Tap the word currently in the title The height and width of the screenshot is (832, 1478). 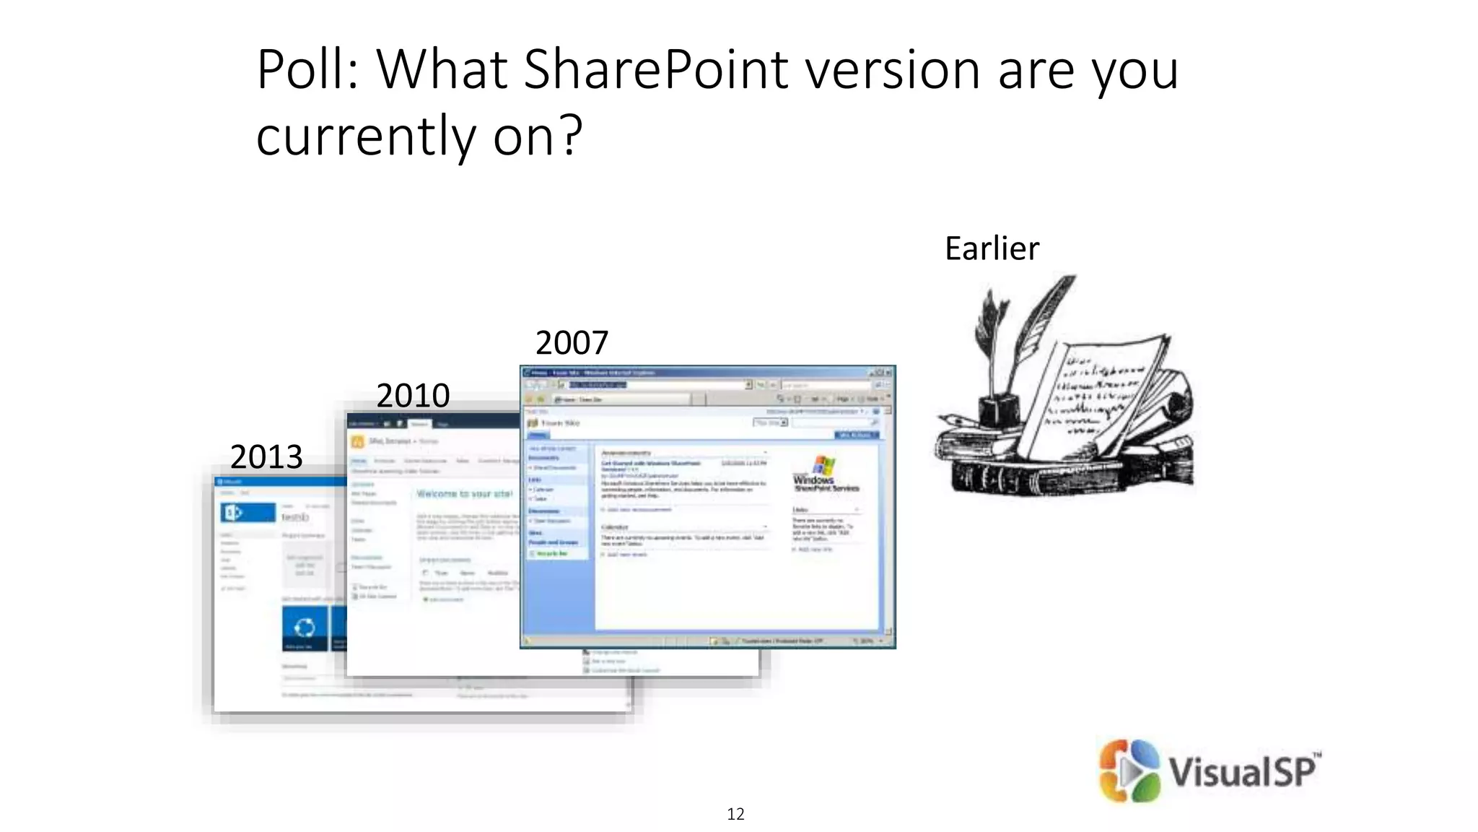point(365,135)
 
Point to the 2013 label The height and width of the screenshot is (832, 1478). point(266,457)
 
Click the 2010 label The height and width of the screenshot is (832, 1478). point(413,396)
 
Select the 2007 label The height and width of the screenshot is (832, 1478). point(572,342)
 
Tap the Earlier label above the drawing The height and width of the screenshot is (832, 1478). point(992,248)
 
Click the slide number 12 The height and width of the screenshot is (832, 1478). point(735,814)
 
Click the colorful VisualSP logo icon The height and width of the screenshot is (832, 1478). point(1129,771)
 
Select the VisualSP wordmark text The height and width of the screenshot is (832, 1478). point(1241,771)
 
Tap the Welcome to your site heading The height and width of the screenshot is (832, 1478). point(464,494)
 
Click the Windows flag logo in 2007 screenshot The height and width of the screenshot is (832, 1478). point(823,465)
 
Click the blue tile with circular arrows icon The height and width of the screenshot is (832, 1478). point(304,627)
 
